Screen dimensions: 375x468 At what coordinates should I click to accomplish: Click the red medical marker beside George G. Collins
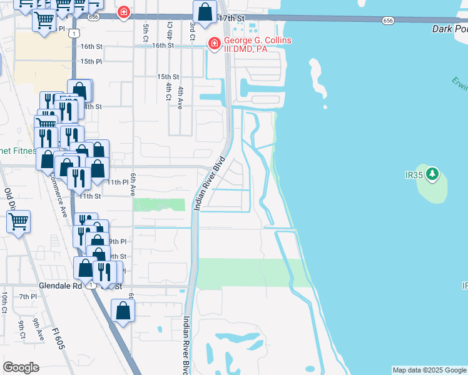click(x=213, y=43)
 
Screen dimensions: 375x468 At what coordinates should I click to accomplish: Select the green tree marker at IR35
click(x=433, y=174)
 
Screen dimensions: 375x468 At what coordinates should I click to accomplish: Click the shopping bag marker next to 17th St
click(x=205, y=12)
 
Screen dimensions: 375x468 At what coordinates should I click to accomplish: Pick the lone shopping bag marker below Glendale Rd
click(x=123, y=311)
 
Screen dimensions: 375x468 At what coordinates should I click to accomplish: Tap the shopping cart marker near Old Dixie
click(x=19, y=221)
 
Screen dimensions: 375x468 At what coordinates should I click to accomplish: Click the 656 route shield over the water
click(x=388, y=21)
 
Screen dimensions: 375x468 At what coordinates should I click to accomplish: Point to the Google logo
click(x=21, y=367)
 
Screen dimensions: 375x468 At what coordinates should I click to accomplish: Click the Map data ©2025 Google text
click(x=429, y=370)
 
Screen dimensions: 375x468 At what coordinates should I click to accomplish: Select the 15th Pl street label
click(x=91, y=61)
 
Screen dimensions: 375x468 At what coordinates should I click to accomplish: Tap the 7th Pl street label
click(x=28, y=296)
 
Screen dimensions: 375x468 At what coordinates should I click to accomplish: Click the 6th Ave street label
click(x=133, y=186)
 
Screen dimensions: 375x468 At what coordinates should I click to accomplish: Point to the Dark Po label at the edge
click(x=449, y=29)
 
